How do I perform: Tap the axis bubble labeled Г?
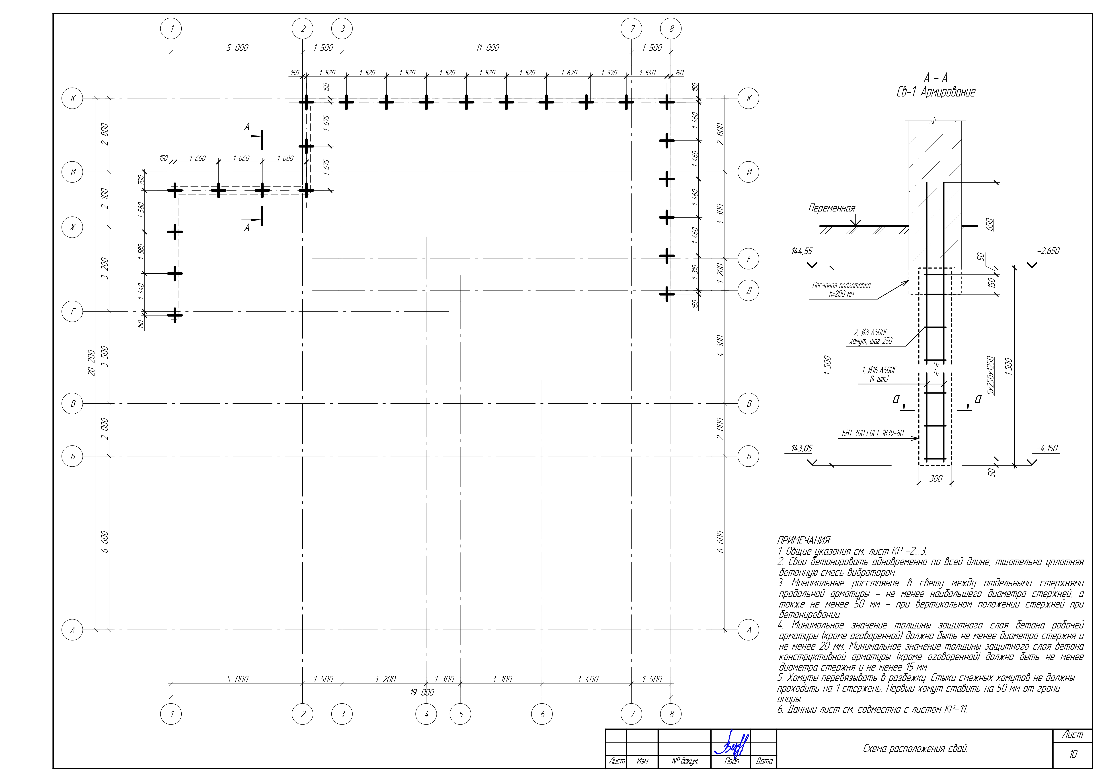(x=73, y=312)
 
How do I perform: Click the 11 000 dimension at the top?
(x=488, y=48)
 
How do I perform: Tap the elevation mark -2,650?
(x=1048, y=251)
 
